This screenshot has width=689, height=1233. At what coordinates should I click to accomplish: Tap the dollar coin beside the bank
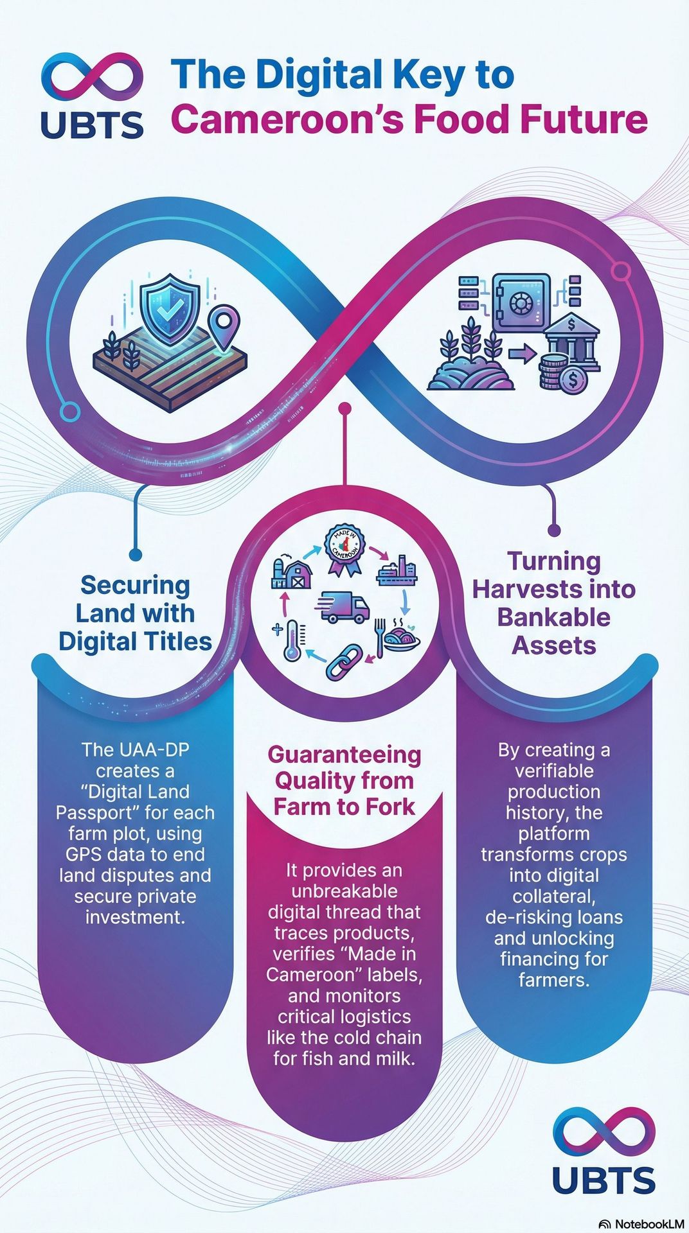(x=569, y=381)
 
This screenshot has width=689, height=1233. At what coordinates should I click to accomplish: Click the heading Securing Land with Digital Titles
(x=135, y=613)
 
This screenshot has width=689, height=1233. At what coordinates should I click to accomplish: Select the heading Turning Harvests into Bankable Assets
(x=553, y=603)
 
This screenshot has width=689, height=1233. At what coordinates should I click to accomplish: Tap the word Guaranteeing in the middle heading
(x=344, y=755)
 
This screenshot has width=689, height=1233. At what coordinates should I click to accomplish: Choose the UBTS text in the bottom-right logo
(x=604, y=1180)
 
